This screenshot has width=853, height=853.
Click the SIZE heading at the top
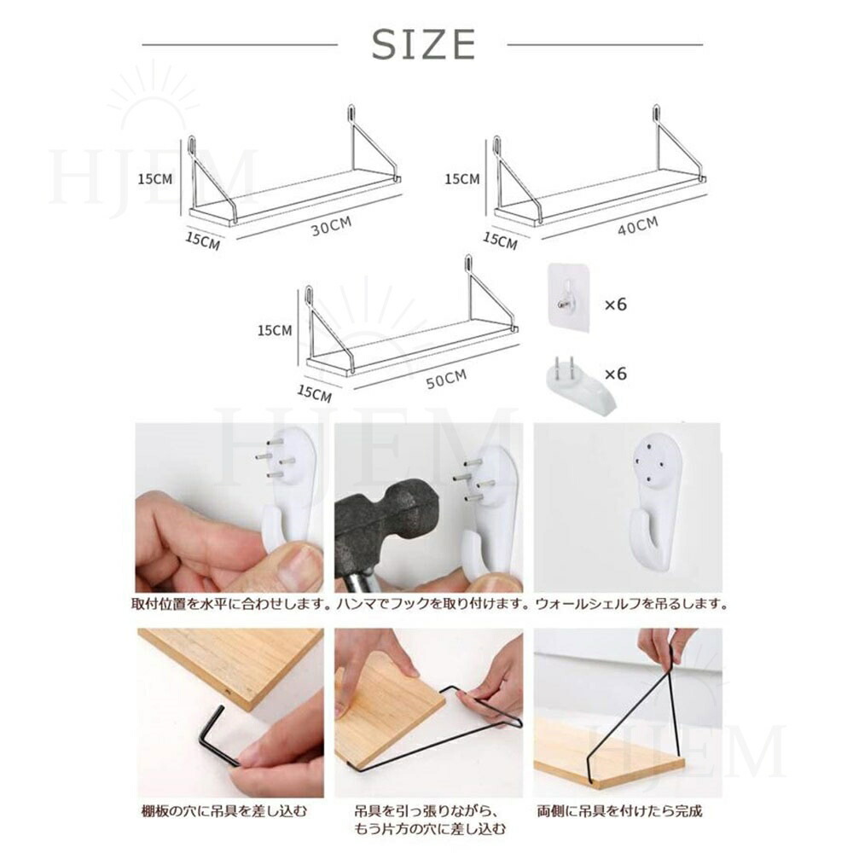tap(423, 44)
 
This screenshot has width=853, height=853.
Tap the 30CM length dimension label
tap(331, 226)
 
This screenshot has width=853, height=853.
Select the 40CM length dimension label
tap(637, 225)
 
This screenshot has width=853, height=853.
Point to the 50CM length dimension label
tap(446, 380)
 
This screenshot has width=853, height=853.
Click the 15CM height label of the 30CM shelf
tap(154, 179)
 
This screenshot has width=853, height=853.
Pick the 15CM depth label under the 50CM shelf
tap(314, 392)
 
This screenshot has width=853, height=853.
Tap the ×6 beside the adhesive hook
tap(616, 305)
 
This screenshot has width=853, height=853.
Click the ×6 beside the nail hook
tap(616, 374)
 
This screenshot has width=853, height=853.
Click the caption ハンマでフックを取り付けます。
tap(432, 604)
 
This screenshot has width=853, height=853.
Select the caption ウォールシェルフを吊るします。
tap(631, 604)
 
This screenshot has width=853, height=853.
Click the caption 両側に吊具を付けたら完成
tap(619, 812)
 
